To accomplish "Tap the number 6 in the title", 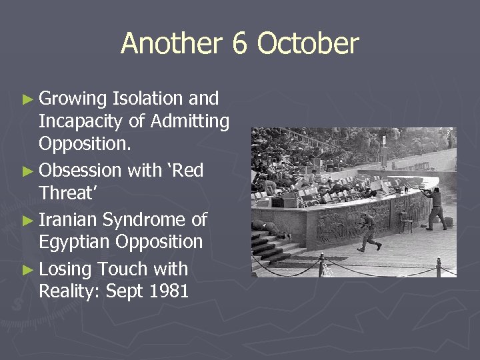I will tap(240, 44).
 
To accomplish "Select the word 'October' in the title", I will tap(307, 44).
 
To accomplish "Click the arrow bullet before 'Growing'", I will tap(27, 99).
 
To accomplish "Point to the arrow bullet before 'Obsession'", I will tap(27, 171).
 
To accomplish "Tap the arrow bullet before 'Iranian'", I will tap(27, 220).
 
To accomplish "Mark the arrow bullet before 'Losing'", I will tap(27, 270).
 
